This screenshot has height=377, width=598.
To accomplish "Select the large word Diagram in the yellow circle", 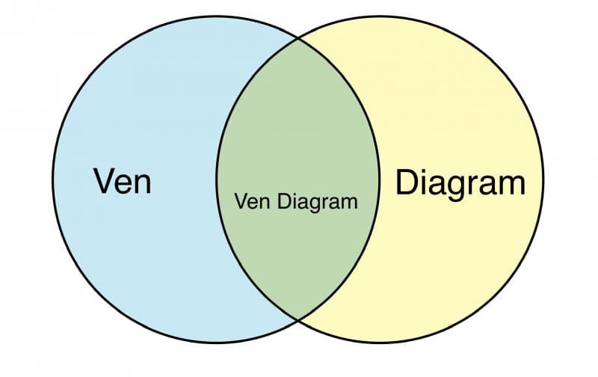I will tap(460, 183).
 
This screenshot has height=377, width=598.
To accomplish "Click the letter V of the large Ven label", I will tap(104, 180).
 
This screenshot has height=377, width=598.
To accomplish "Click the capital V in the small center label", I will tap(240, 201).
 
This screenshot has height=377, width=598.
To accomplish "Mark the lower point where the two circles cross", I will tap(299, 319).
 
